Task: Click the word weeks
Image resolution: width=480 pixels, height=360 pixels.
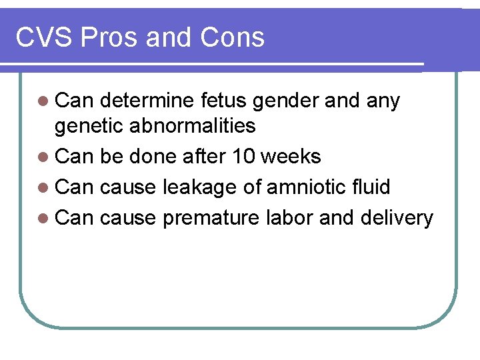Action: coord(291,157)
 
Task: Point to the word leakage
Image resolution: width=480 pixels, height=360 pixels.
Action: coord(200,188)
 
